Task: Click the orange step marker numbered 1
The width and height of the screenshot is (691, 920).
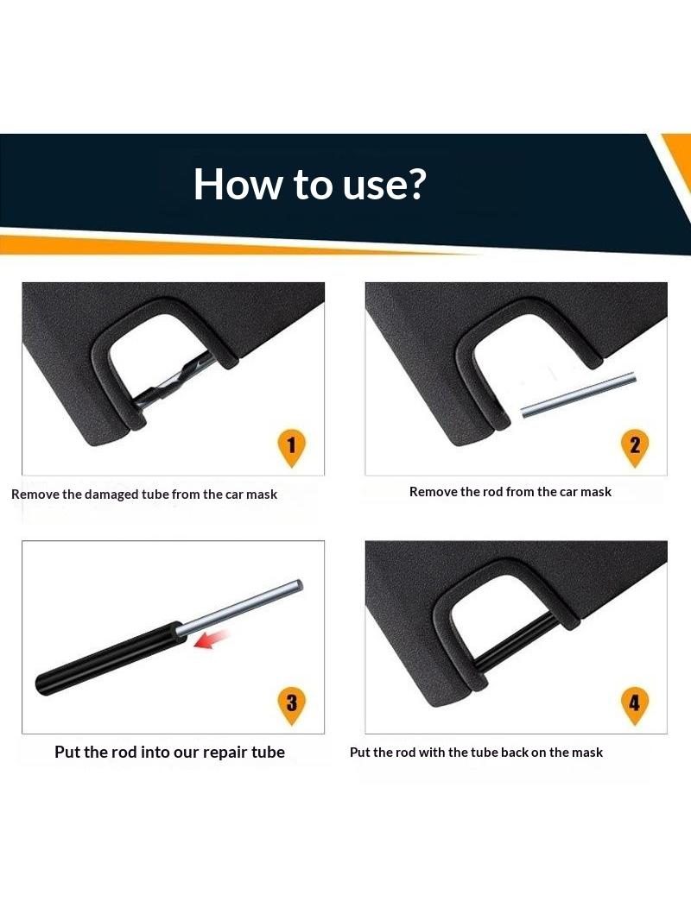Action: (291, 448)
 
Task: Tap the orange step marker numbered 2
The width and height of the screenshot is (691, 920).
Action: (635, 448)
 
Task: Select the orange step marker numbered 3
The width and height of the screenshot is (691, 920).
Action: (291, 706)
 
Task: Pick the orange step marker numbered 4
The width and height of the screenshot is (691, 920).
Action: (635, 706)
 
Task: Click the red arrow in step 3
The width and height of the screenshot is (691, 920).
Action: (211, 639)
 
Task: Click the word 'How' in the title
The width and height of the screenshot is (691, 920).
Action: (238, 184)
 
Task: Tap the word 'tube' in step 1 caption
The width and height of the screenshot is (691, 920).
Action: (155, 494)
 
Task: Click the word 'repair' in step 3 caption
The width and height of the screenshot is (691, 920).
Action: (222, 753)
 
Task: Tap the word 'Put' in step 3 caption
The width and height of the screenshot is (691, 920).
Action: (67, 752)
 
